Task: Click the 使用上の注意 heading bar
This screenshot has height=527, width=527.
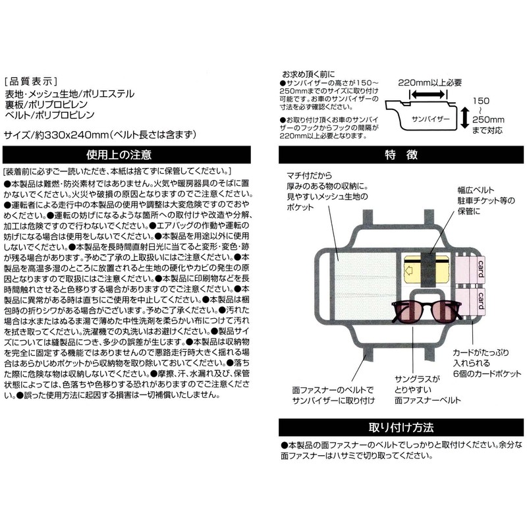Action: (x=126, y=155)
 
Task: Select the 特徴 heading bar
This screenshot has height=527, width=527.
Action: (x=401, y=155)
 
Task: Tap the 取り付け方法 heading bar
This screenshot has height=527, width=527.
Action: (x=401, y=427)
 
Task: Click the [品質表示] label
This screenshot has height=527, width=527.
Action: (x=31, y=81)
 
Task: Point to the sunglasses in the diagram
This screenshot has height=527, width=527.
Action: (x=427, y=312)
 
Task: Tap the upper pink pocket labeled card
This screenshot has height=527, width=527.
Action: (x=470, y=271)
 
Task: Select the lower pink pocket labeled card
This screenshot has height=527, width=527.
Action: (x=470, y=301)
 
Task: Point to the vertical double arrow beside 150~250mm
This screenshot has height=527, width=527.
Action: (x=464, y=117)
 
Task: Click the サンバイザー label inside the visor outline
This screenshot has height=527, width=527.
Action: (x=430, y=119)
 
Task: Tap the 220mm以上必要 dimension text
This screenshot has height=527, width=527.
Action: (x=430, y=83)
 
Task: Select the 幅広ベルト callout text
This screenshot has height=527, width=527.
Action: (x=476, y=190)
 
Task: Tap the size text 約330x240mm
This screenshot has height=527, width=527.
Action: (x=71, y=135)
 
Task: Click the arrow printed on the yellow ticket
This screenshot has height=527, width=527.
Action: (x=409, y=270)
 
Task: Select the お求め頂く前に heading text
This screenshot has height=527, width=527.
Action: (x=308, y=74)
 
